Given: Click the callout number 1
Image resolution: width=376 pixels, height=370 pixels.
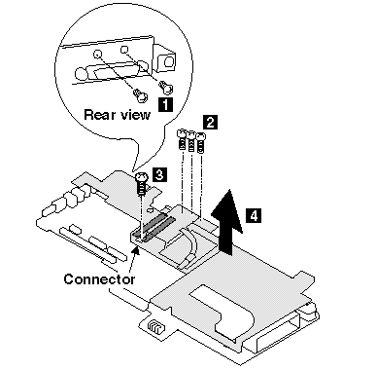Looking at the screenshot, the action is click(x=165, y=104).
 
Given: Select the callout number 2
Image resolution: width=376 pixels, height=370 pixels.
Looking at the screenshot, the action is click(x=210, y=122).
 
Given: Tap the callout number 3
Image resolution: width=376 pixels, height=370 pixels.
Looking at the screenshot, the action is click(x=159, y=174).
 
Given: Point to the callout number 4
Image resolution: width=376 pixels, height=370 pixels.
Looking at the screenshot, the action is click(x=254, y=215).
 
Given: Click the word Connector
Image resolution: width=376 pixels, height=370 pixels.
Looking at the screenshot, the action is click(x=99, y=279).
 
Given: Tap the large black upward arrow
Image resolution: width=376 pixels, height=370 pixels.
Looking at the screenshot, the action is click(x=227, y=221).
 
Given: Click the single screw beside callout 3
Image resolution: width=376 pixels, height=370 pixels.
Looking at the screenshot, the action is click(x=141, y=183).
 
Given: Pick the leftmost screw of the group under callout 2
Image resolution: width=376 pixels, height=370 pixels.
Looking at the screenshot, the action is click(x=182, y=139).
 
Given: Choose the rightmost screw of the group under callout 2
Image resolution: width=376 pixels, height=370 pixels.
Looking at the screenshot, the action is click(x=201, y=143).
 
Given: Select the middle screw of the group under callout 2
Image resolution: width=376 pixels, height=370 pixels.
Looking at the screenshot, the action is click(x=191, y=141).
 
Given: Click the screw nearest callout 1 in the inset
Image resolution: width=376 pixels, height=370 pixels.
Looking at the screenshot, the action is click(x=166, y=87).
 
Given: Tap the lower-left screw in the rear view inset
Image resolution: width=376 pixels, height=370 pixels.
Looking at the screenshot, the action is click(x=140, y=95).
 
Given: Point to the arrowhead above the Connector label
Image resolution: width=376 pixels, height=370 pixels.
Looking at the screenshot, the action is click(x=137, y=250).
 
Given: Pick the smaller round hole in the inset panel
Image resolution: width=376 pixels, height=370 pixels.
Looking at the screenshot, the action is click(x=124, y=49).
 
